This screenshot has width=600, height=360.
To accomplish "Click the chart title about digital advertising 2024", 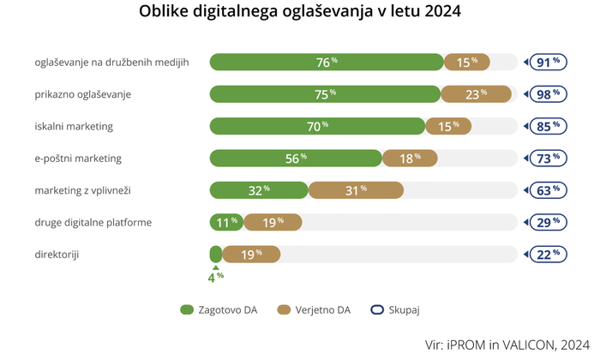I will click(x=299, y=13).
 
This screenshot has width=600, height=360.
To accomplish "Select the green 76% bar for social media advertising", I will click(x=326, y=63).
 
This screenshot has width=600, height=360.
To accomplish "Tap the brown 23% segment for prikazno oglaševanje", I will click(x=475, y=94).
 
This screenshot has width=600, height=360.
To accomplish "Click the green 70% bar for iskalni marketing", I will click(x=317, y=126).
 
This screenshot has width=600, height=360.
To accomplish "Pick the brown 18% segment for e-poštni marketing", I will click(x=410, y=159).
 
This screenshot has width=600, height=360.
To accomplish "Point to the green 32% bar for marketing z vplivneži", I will click(x=259, y=190).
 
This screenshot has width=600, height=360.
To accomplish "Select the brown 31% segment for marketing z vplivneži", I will click(x=355, y=190).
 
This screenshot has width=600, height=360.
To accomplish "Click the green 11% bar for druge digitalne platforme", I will click(x=226, y=222).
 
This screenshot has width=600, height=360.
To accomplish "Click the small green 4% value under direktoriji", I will click(x=215, y=276).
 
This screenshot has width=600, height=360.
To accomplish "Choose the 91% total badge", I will click(x=548, y=63).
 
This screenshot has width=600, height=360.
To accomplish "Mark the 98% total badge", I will click(x=548, y=94).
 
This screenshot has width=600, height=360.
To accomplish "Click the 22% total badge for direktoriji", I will click(x=548, y=254).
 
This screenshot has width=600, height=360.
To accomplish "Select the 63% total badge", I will click(x=548, y=190).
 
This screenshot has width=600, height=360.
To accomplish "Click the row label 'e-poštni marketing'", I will click(x=78, y=159).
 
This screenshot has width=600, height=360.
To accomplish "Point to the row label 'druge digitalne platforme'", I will click(x=93, y=222).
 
